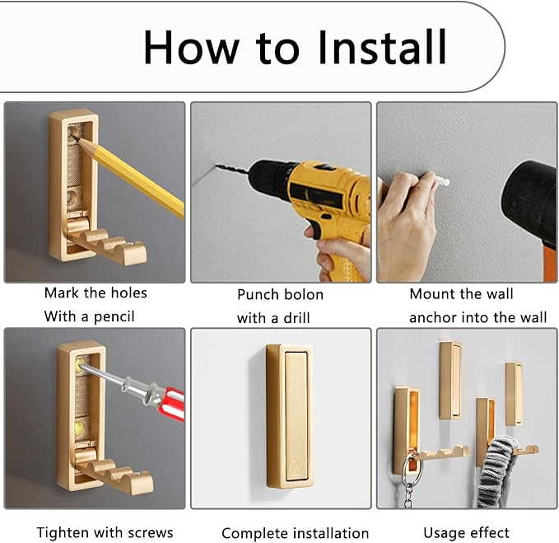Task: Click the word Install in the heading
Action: [382, 47]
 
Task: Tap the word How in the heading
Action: [192, 48]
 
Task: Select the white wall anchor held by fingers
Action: [440, 182]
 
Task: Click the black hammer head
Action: [532, 199]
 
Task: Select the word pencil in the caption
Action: [114, 316]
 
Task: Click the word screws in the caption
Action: [150, 532]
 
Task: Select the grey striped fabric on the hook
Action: [496, 471]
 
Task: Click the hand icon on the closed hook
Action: [297, 463]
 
